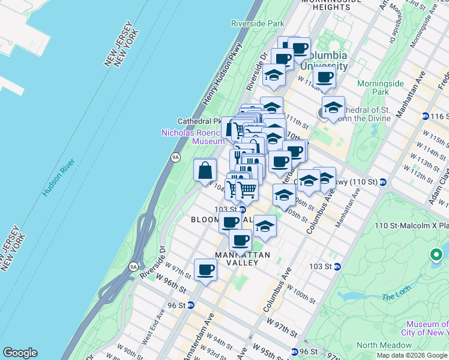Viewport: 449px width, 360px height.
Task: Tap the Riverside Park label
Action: tap(258, 23)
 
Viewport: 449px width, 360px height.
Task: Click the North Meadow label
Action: tap(384, 345)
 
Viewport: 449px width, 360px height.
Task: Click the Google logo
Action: tap(20, 353)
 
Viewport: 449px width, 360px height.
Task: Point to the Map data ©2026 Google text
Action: tap(412, 355)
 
